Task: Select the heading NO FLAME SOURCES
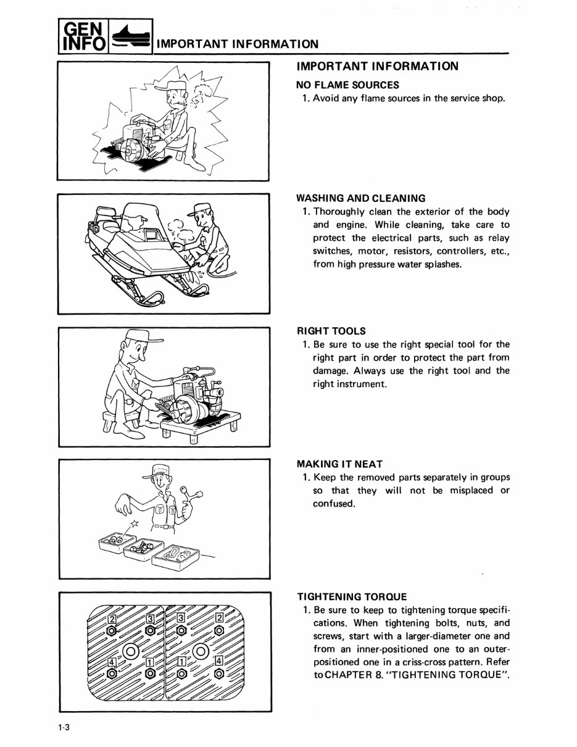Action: pyautogui.click(x=347, y=85)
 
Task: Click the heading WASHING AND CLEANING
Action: pyautogui.click(x=361, y=198)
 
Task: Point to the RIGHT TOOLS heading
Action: pyautogui.click(x=331, y=331)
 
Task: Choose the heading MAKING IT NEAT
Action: pyautogui.click(x=339, y=464)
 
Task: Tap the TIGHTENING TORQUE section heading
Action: pyautogui.click(x=352, y=596)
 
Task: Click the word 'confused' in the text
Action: pyautogui.click(x=333, y=504)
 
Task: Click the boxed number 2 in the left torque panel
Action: pyautogui.click(x=112, y=619)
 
